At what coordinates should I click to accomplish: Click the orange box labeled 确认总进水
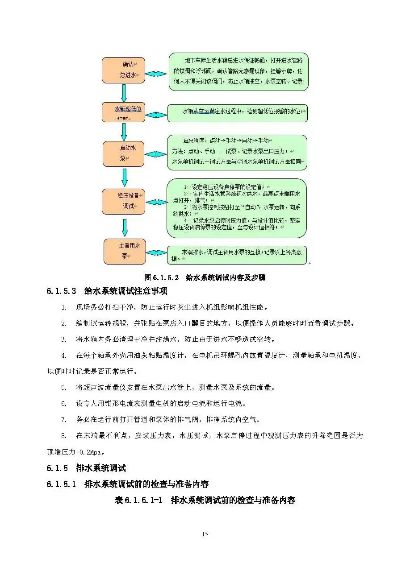(x=124, y=70)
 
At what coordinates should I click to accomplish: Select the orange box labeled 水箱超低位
(x=124, y=112)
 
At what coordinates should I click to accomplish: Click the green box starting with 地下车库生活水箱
(x=238, y=71)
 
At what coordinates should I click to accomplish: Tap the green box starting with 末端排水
(x=237, y=255)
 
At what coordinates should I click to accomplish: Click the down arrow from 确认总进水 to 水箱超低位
(x=124, y=93)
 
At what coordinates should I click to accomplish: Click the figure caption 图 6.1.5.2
(x=205, y=277)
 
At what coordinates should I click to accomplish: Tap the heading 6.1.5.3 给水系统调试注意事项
(x=107, y=291)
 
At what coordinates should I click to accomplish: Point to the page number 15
(x=205, y=534)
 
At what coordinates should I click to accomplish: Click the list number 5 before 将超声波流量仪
(x=64, y=388)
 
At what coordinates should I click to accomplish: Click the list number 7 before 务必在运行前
(x=64, y=420)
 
